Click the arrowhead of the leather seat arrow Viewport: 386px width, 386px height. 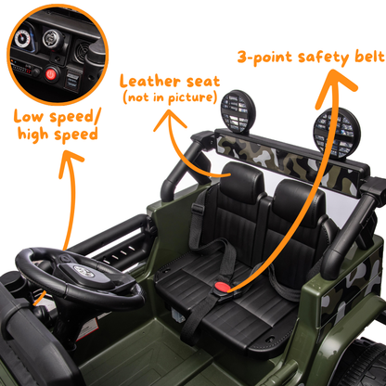[170, 115]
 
